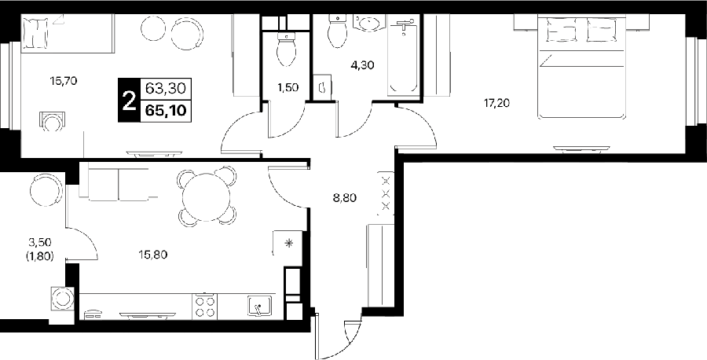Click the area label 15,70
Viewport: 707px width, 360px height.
coord(64,81)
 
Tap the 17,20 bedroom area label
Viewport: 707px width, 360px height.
coord(496,104)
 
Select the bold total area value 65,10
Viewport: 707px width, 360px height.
coord(167,111)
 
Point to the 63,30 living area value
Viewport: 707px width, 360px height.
coord(166,89)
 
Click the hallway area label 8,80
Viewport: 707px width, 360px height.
coord(345,197)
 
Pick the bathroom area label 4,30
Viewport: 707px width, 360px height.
coord(362,65)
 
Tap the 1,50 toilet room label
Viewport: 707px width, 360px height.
coord(288,87)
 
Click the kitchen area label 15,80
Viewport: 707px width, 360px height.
coord(153,255)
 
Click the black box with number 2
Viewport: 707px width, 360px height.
coord(129,100)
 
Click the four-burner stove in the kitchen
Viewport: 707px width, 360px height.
coord(205,307)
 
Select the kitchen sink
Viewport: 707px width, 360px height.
coord(259,307)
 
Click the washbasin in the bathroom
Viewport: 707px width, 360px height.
coord(369,23)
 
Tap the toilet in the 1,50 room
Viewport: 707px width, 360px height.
coord(285,49)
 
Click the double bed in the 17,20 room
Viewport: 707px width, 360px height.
coord(581,67)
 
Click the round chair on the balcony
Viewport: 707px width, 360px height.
coord(46,190)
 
